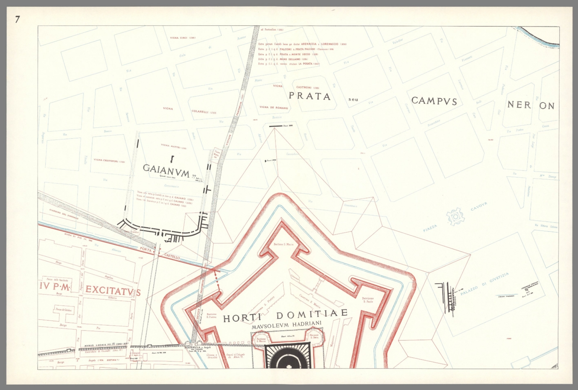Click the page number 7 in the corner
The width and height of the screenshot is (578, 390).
(17, 20)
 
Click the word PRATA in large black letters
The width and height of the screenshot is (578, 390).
(309, 96)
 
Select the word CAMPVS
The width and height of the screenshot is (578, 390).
(434, 101)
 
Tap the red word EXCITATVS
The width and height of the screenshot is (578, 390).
(113, 290)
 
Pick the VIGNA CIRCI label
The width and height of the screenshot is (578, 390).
(183, 38)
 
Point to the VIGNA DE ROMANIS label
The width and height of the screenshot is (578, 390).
(274, 108)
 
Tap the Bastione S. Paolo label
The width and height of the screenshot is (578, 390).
(368, 300)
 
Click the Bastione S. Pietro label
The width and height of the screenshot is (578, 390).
(211, 315)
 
